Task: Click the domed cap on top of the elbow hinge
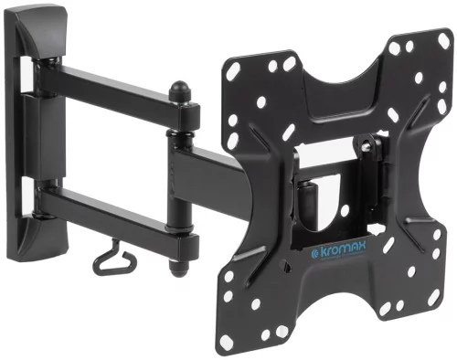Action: tap(178, 92)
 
